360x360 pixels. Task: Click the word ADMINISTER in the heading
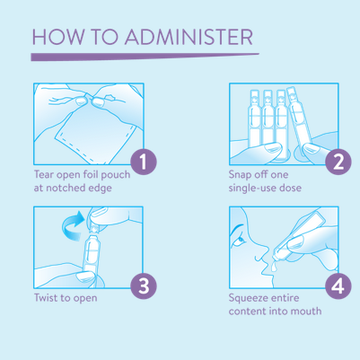tap(189, 37)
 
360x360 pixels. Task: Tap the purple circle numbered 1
tap(144, 162)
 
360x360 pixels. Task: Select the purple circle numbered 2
tap(338, 162)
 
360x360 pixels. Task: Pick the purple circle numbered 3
tap(144, 285)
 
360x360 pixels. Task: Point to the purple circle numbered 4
tap(338, 285)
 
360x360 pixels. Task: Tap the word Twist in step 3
tap(45, 298)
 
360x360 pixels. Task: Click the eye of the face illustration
tap(240, 239)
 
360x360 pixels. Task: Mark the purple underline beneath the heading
tap(145, 57)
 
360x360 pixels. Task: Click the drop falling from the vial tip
tap(273, 267)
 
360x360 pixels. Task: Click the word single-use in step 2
tap(252, 189)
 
